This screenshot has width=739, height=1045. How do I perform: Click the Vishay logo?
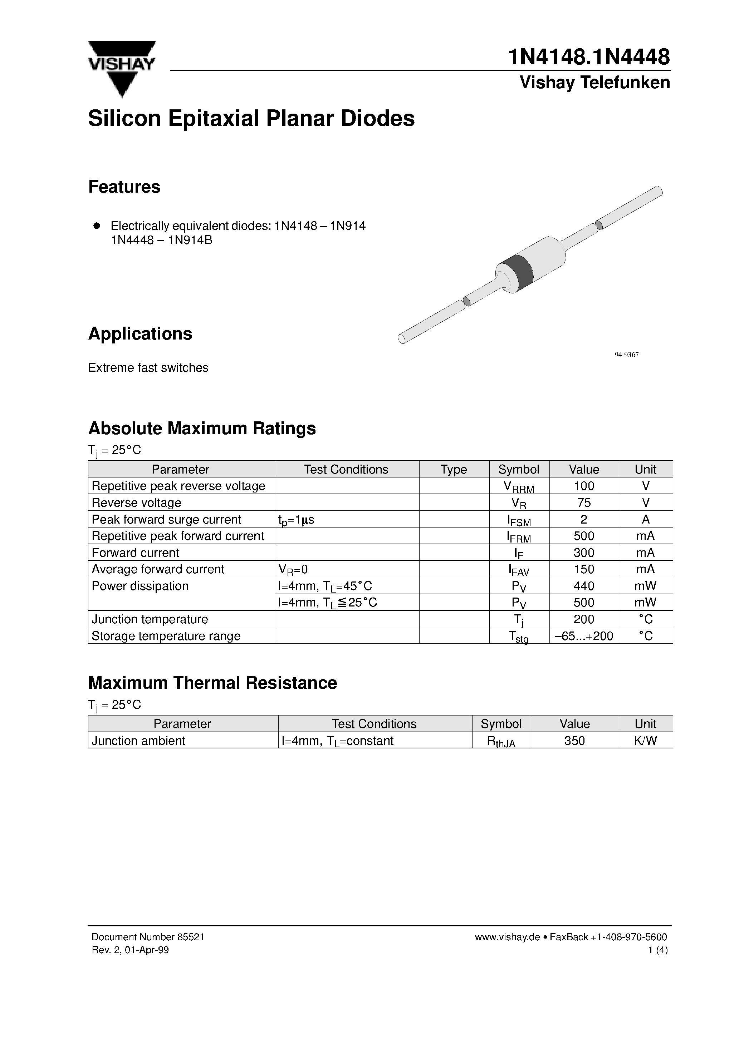[122, 68]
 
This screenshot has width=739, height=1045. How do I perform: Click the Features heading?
[124, 187]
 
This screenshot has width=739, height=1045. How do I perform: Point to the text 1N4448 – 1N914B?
[161, 240]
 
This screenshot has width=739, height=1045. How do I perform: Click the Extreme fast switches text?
[148, 368]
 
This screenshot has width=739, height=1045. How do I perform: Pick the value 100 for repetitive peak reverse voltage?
[584, 486]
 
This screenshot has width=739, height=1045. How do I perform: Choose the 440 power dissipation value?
[584, 586]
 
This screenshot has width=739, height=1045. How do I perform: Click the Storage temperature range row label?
[166, 636]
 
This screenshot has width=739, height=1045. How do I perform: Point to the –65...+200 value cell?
[584, 636]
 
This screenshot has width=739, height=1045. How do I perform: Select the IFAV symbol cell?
[519, 570]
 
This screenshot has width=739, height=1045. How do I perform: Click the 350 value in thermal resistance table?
[574, 741]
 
